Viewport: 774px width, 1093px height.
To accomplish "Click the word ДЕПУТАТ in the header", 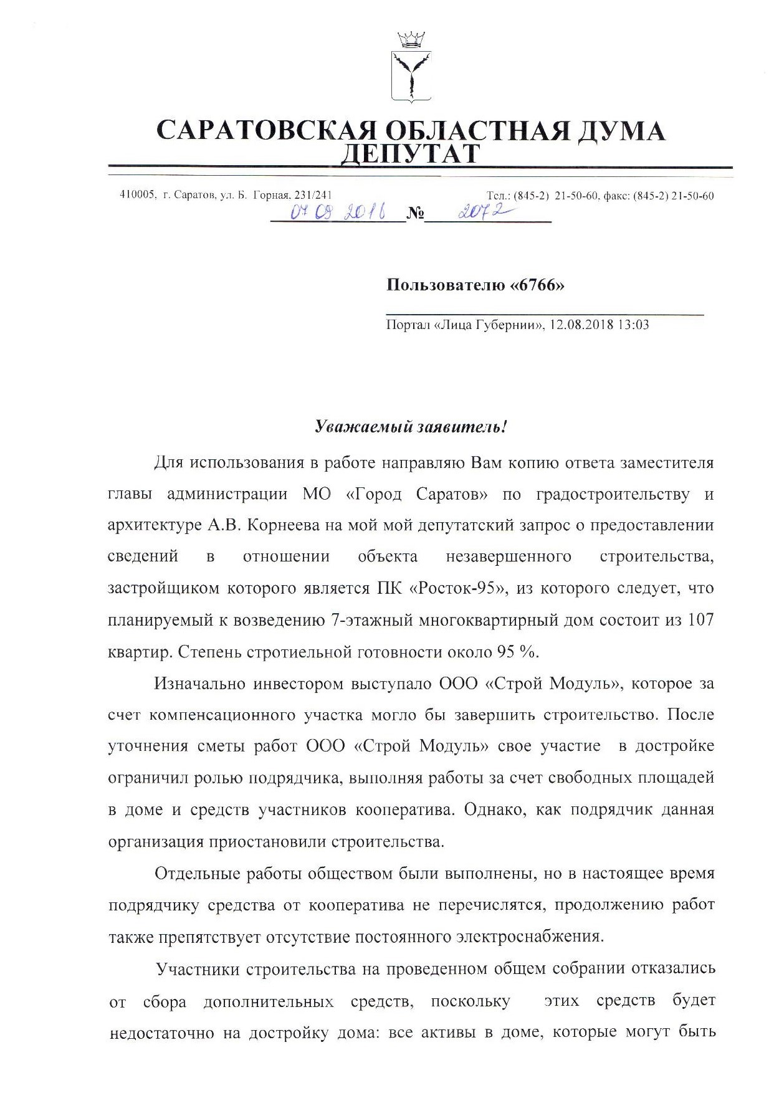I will (410, 153).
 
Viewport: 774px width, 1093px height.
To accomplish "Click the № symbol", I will (415, 215).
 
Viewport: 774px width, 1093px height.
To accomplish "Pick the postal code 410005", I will (136, 195).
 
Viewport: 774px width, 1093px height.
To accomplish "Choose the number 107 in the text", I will (700, 620).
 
